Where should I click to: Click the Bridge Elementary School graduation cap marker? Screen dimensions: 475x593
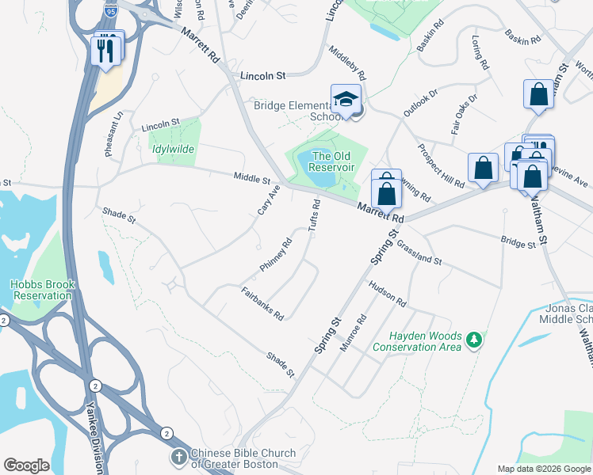(345, 100)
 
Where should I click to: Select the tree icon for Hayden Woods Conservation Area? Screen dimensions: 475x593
(475, 339)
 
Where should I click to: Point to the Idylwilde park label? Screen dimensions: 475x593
(172, 149)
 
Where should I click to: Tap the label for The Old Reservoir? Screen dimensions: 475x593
(331, 161)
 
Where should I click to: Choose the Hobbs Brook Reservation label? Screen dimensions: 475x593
(41, 290)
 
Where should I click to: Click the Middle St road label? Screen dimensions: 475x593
(252, 179)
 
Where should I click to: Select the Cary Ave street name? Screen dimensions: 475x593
(269, 200)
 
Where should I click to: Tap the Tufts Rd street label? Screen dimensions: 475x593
(314, 215)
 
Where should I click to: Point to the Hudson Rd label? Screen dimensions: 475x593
(386, 294)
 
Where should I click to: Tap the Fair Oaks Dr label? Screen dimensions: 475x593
(465, 115)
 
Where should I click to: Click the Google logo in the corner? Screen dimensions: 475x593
(26, 465)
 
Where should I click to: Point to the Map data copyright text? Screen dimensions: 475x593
(544, 469)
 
